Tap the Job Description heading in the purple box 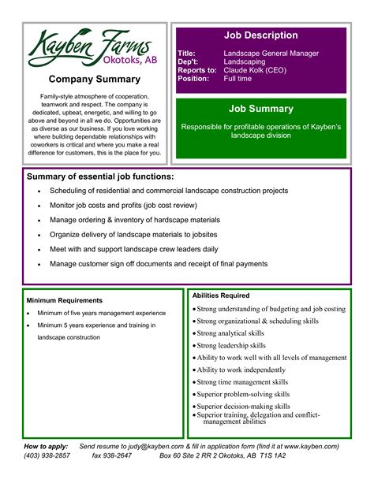pyautogui.click(x=261, y=35)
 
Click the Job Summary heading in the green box pyautogui.click(x=261, y=109)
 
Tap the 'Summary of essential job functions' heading pyautogui.click(x=100, y=176)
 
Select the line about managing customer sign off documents pyautogui.click(x=159, y=264)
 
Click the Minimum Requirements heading pyautogui.click(x=65, y=300)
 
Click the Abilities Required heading pyautogui.click(x=221, y=295)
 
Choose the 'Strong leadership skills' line pyautogui.click(x=231, y=345)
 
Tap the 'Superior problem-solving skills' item pyautogui.click(x=243, y=394)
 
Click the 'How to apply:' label pyautogui.click(x=46, y=446)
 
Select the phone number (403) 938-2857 pyautogui.click(x=47, y=455)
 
